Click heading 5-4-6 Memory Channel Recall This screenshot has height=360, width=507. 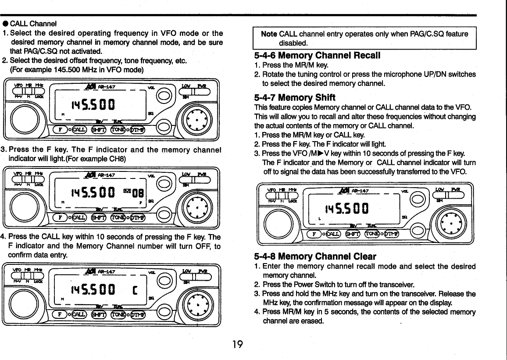(317, 56)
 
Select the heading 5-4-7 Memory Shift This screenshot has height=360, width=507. (295, 97)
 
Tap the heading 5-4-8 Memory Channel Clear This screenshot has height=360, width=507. (315, 256)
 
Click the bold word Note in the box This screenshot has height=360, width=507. (269, 34)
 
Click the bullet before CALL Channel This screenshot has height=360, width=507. (5, 23)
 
